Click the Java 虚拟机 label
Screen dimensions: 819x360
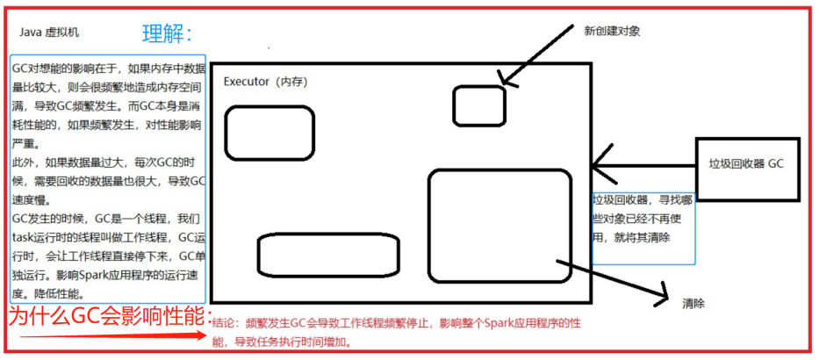coord(49,32)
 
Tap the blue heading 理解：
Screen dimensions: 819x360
coord(167,34)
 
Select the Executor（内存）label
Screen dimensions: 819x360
coord(263,82)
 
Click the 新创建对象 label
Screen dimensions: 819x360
coord(612,31)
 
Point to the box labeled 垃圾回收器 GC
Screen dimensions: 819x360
coord(747,163)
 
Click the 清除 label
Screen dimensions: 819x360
coord(693,303)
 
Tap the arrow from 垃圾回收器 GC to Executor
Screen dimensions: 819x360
coord(644,163)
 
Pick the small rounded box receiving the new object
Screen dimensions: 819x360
coord(479,105)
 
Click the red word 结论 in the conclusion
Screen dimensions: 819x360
coord(224,322)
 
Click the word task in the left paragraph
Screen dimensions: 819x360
coord(22,237)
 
